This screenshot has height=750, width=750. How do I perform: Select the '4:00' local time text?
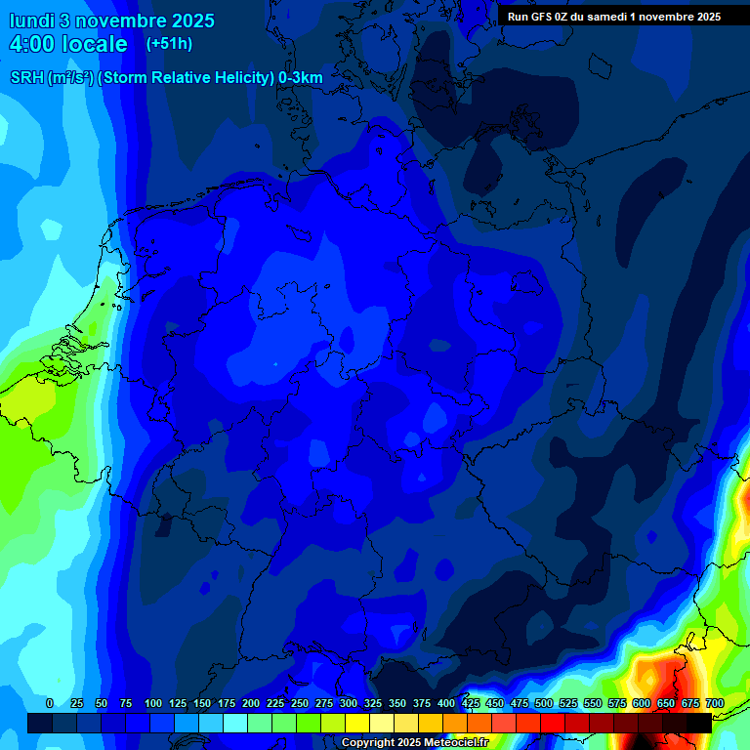(x=36, y=44)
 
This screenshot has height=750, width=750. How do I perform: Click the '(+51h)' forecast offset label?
(x=169, y=44)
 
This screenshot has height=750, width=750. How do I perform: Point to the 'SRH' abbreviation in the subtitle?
(x=27, y=78)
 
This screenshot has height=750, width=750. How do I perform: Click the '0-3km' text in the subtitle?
(x=301, y=78)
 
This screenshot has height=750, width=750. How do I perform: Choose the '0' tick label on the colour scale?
(x=50, y=703)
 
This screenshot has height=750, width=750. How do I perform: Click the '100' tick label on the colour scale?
(x=153, y=703)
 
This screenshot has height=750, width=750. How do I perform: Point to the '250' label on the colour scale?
(x=300, y=703)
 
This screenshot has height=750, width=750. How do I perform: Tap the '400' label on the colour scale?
(x=446, y=703)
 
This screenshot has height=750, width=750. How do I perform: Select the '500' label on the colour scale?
(x=544, y=703)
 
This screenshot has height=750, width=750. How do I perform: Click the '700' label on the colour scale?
(x=714, y=703)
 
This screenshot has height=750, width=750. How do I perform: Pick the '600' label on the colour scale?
(x=642, y=703)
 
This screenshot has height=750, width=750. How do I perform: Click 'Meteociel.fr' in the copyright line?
(x=456, y=742)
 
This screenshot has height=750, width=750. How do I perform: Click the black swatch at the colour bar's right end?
(x=698, y=723)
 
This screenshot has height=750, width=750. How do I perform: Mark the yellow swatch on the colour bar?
(x=356, y=723)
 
